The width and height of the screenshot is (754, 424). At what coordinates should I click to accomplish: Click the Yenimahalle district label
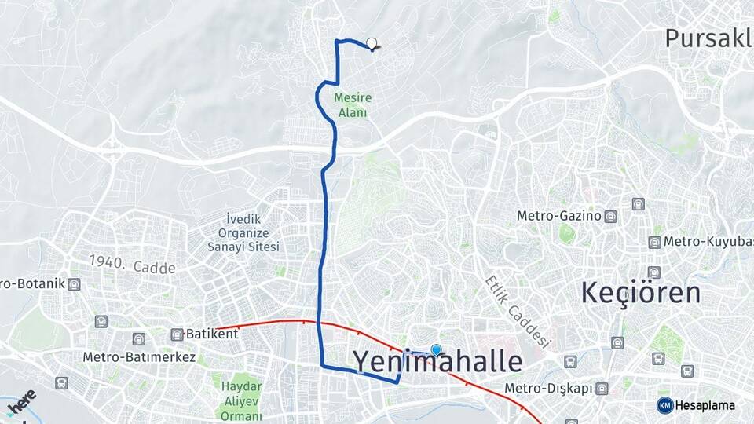pos(437,362)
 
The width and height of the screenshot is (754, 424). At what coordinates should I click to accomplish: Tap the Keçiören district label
pos(640,293)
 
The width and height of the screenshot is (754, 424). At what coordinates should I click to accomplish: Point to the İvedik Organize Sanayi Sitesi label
pos(248,233)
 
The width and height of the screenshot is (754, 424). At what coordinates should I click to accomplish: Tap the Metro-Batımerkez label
pos(139,357)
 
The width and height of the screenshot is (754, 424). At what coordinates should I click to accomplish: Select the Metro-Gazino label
pos(559,216)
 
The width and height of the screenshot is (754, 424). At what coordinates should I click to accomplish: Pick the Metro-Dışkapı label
pos(548,389)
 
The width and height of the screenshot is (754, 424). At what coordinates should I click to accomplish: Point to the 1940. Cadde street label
pos(132,265)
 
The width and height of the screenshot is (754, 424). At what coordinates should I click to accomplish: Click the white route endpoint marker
pos(372,45)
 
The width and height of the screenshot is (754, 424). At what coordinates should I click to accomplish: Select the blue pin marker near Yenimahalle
pos(437,350)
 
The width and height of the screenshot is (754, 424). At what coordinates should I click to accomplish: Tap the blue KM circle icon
pos(664,405)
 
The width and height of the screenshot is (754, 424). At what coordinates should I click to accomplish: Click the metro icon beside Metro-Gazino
pos(612,217)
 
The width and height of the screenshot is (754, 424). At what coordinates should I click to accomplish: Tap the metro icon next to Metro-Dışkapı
pos(602,389)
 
